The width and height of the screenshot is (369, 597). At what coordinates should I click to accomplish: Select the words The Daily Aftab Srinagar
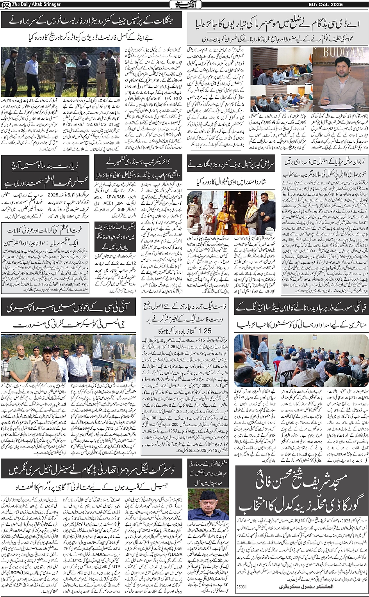31,4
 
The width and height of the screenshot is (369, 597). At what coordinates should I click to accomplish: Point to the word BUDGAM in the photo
340,52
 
